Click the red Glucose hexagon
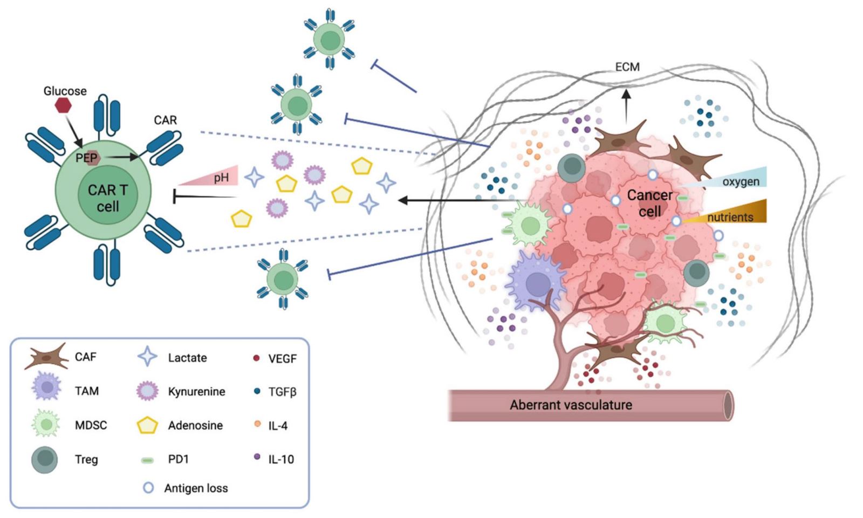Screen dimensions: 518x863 [63, 105]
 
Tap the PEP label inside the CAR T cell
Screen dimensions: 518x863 [86, 158]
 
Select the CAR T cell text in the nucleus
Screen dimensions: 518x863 [107, 198]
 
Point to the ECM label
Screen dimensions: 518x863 [627, 67]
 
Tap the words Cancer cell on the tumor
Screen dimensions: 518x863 [649, 203]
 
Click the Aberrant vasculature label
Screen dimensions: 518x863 [571, 405]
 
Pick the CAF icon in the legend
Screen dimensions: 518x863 [46, 357]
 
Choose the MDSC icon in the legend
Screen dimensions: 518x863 [46, 424]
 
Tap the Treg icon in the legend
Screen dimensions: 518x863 [45, 459]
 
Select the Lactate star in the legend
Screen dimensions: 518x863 [147, 357]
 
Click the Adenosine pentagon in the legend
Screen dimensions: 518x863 [147, 426]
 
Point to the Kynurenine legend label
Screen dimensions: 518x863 [196, 392]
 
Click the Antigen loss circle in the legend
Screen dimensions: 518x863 [148, 488]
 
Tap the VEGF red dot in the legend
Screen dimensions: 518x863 [257, 358]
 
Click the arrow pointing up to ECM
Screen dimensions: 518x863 [626, 105]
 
